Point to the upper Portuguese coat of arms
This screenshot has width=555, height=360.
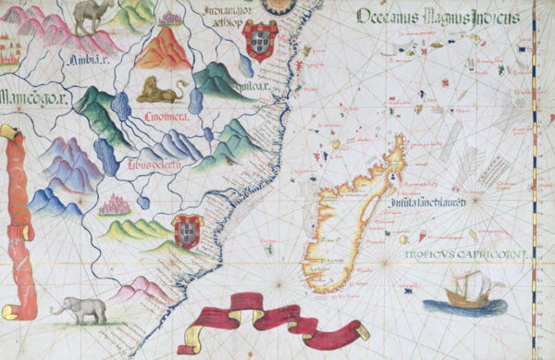(x=260, y=40)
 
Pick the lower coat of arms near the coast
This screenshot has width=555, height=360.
(x=187, y=230)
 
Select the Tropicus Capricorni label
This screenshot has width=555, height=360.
(x=466, y=254)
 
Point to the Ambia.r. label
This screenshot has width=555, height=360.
(x=88, y=61)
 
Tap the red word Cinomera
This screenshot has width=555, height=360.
(x=166, y=116)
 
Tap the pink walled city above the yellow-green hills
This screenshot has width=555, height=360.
(x=115, y=205)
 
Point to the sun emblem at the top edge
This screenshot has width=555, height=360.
(x=278, y=5)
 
